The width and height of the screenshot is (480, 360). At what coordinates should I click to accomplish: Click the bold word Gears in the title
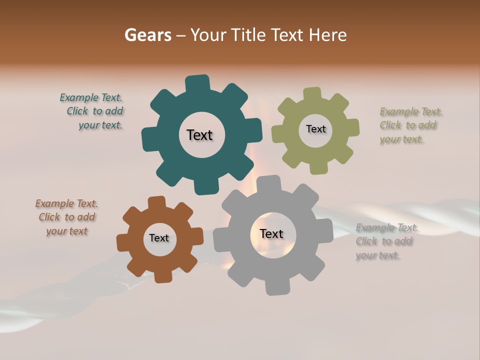[147, 35]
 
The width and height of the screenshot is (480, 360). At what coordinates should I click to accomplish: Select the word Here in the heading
[327, 35]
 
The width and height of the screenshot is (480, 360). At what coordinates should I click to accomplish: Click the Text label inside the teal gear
[199, 135]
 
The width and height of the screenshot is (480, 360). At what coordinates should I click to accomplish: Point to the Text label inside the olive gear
[315, 129]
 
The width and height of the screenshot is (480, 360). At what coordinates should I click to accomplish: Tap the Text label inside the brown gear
[159, 238]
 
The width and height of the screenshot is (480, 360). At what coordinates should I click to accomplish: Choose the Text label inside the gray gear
[271, 233]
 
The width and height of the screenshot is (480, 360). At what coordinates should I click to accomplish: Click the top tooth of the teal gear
[197, 83]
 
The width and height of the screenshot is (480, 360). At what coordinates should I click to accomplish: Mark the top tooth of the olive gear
[312, 94]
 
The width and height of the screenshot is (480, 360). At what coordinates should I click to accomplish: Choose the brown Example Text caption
[67, 217]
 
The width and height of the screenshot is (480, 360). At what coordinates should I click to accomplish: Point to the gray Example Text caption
[385, 241]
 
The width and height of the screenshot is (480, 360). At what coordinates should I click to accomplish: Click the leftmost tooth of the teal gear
[149, 139]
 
